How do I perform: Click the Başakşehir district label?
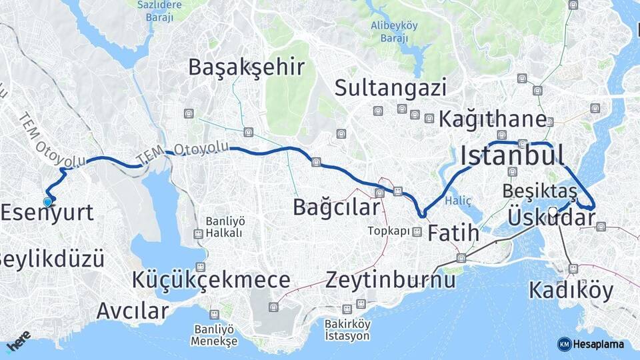(246, 67)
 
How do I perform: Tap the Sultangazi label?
(390, 87)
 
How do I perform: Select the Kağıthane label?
(493, 119)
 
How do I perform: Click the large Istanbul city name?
(512, 156)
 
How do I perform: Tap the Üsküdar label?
(551, 218)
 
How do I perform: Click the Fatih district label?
(453, 233)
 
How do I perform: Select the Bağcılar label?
(336, 207)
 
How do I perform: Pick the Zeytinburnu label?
(391, 280)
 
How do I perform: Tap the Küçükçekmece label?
(211, 280)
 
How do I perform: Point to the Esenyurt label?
(47, 213)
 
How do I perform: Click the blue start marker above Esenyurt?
(47, 201)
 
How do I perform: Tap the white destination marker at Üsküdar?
(553, 213)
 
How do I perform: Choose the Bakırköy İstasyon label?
(347, 330)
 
